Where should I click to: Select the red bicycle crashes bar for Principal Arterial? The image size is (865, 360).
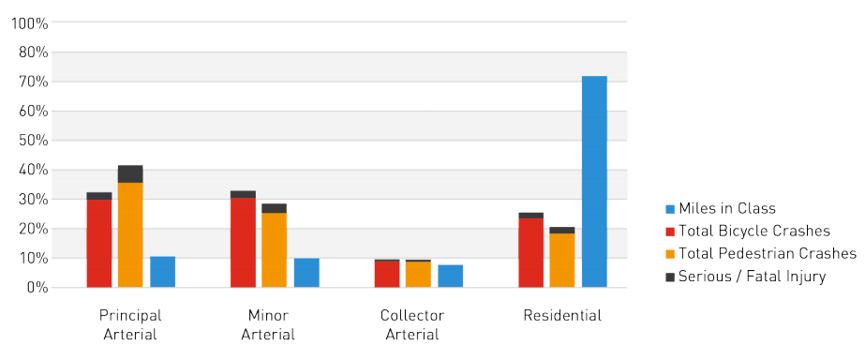tap(99, 244)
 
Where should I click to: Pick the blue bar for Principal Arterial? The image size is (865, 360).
tap(162, 272)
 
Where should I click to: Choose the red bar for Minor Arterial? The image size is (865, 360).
tap(243, 243)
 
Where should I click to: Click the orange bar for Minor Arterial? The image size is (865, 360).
tap(274, 250)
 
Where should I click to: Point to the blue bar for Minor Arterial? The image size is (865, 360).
tap(306, 273)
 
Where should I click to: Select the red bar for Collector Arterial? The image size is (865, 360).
tap(386, 274)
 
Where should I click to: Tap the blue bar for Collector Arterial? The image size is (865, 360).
tap(450, 276)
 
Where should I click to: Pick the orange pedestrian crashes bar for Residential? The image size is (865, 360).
tap(562, 261)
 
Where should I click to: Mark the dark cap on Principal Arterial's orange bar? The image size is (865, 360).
tap(130, 174)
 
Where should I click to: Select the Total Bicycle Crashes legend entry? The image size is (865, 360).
tap(753, 231)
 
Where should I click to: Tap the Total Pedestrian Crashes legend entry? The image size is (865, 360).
tap(767, 253)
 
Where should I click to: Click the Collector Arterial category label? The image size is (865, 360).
tap(412, 324)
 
